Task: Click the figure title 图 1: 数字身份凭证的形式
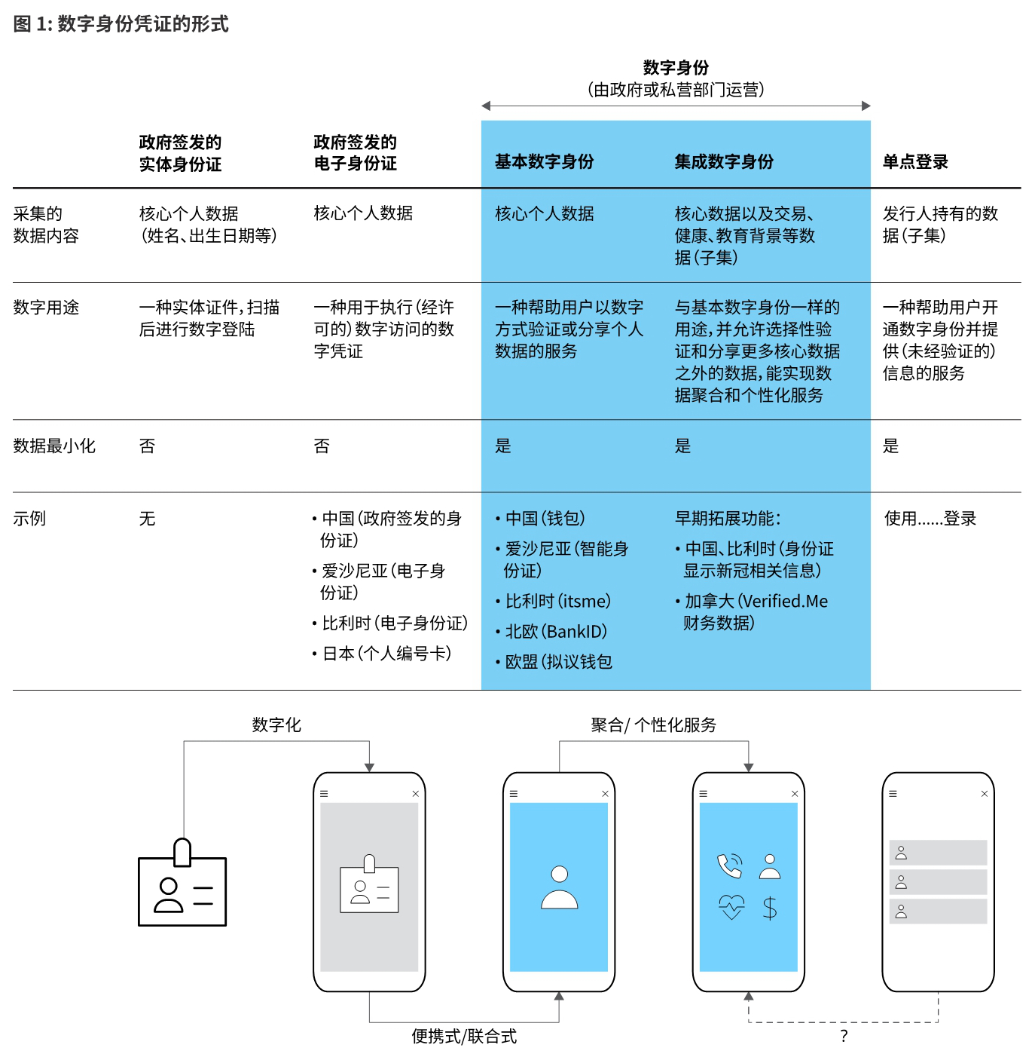click(x=121, y=24)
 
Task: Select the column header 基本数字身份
click(x=544, y=161)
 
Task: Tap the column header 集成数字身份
click(x=724, y=161)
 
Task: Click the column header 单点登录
click(x=915, y=161)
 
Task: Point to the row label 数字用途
click(x=46, y=308)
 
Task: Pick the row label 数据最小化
click(x=54, y=446)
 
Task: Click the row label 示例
click(x=29, y=519)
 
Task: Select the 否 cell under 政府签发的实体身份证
click(x=147, y=446)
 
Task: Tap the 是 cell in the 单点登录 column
click(x=890, y=446)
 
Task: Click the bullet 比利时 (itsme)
click(x=557, y=602)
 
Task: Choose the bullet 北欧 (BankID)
click(x=556, y=632)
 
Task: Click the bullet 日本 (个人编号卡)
click(x=386, y=654)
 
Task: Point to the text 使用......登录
click(x=930, y=519)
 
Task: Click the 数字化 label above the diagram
click(x=276, y=725)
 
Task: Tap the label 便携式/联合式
click(x=464, y=1037)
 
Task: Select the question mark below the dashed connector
click(x=844, y=1037)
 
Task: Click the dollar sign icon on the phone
click(x=769, y=908)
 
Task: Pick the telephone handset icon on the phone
click(x=729, y=866)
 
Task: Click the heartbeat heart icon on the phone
click(x=731, y=907)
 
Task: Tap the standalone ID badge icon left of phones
click(x=182, y=884)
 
